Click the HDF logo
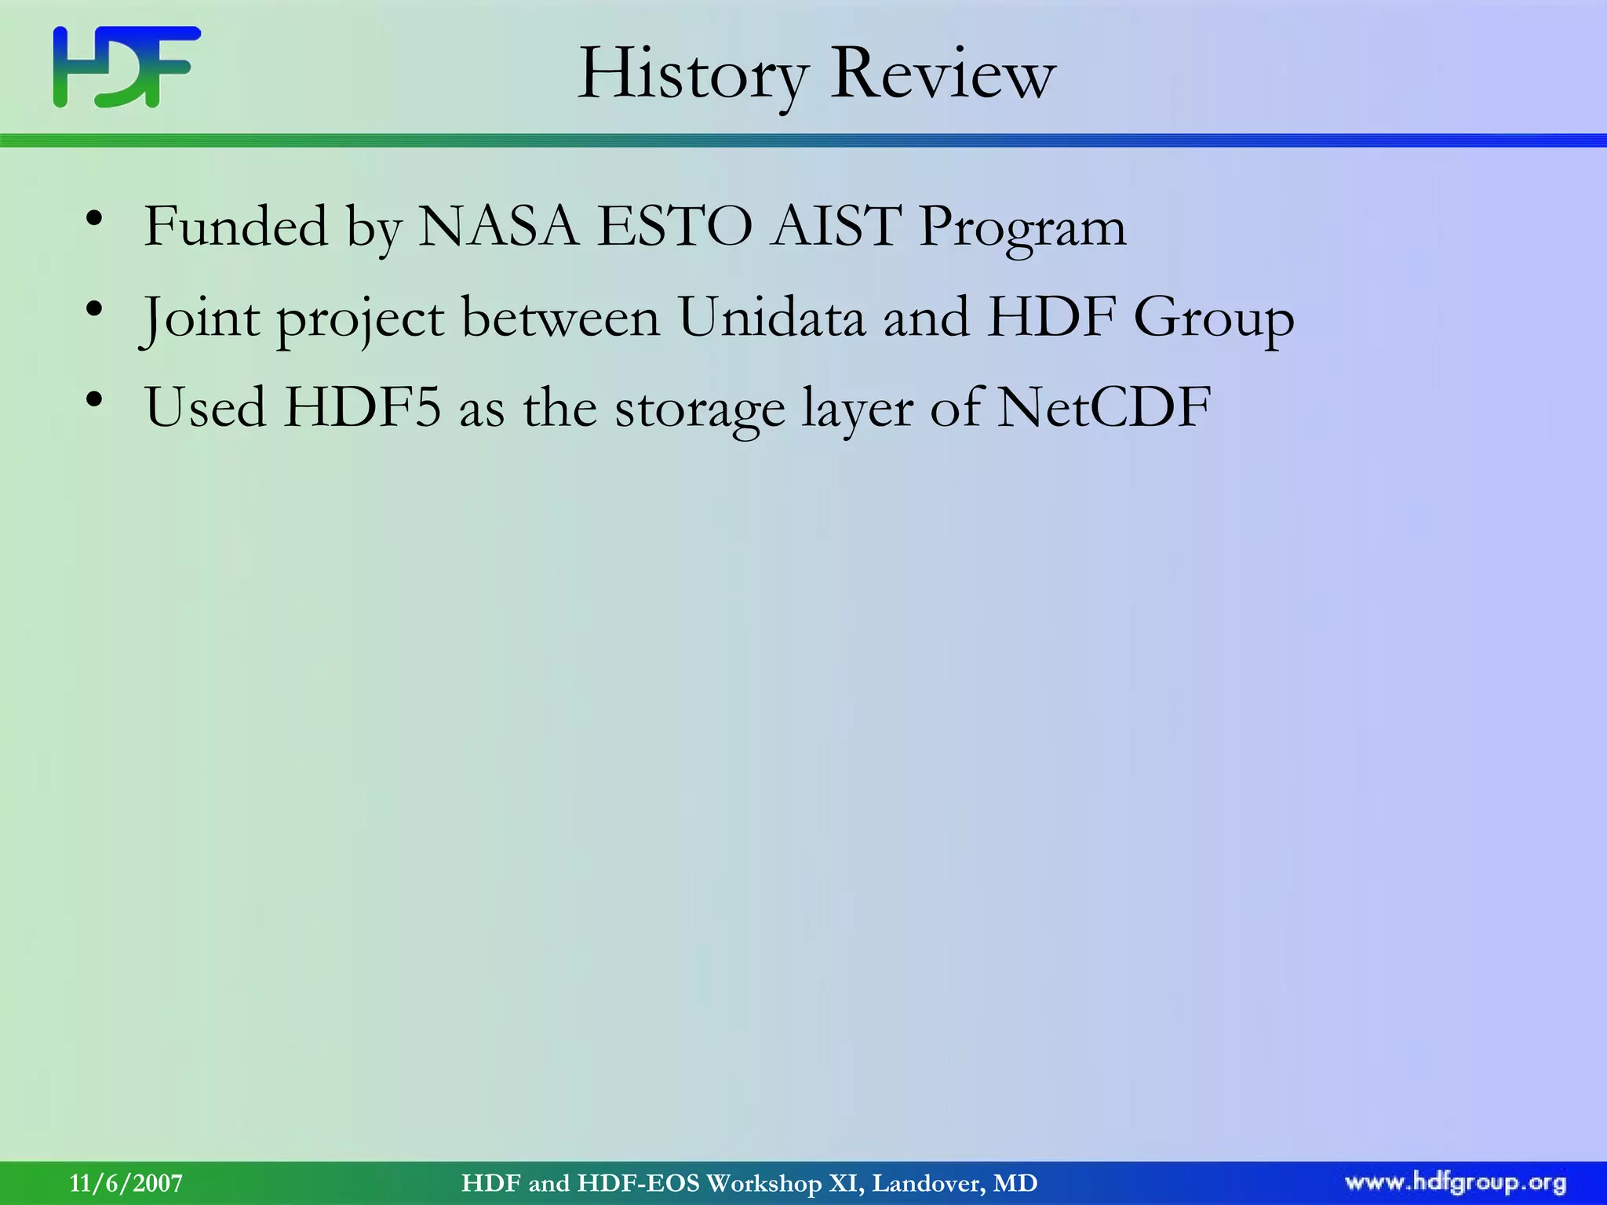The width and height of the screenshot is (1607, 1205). (126, 67)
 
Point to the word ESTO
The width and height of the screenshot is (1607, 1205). (674, 227)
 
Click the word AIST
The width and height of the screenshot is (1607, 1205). (835, 227)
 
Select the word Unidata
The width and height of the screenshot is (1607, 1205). (771, 318)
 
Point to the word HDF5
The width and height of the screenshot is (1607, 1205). (363, 408)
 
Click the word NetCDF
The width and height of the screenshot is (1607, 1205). (1104, 408)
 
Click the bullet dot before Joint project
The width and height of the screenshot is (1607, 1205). (94, 311)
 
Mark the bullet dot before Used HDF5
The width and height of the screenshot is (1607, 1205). (94, 401)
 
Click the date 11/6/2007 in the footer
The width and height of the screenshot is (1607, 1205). (126, 1183)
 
